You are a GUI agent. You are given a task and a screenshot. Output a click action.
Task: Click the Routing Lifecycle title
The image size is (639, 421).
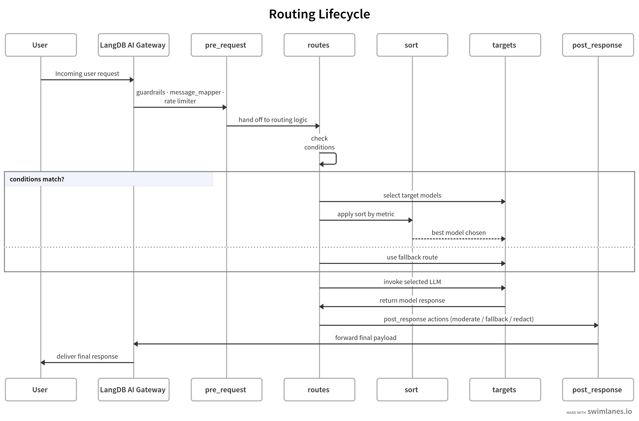(x=319, y=14)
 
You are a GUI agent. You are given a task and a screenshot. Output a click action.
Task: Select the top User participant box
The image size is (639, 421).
(x=41, y=45)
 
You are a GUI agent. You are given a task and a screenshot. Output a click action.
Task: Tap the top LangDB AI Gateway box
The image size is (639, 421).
(x=133, y=45)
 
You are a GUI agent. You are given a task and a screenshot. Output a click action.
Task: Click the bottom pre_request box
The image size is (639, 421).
(x=226, y=390)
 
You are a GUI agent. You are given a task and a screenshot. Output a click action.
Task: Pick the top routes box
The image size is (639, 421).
(x=319, y=45)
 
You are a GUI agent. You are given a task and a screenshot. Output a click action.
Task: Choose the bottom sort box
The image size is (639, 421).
(x=412, y=390)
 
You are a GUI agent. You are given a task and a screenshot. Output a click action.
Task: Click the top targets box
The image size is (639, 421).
(x=505, y=45)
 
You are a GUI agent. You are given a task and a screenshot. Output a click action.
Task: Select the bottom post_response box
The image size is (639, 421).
(x=598, y=390)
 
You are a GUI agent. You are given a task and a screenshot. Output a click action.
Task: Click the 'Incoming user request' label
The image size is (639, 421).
(x=87, y=74)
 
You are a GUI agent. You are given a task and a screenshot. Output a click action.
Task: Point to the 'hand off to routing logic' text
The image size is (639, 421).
(x=273, y=120)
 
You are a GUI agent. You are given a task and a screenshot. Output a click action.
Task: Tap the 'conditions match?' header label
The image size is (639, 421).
(x=37, y=179)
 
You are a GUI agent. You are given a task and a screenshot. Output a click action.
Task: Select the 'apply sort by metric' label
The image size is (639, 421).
(x=366, y=214)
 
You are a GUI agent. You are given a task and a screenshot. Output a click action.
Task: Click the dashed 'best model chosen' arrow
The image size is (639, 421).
(x=458, y=239)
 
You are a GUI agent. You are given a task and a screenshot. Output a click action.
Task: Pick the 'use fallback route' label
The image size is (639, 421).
(x=412, y=257)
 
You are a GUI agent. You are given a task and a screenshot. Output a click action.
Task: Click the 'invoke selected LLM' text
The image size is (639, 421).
(x=412, y=282)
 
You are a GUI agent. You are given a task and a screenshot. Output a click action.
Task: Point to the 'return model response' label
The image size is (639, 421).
(x=412, y=300)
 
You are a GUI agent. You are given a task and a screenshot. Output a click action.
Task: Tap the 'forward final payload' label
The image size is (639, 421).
(x=366, y=338)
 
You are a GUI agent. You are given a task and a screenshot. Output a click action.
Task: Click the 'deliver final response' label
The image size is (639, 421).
(x=87, y=356)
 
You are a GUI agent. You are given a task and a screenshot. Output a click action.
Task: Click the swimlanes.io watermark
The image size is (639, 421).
(x=609, y=411)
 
